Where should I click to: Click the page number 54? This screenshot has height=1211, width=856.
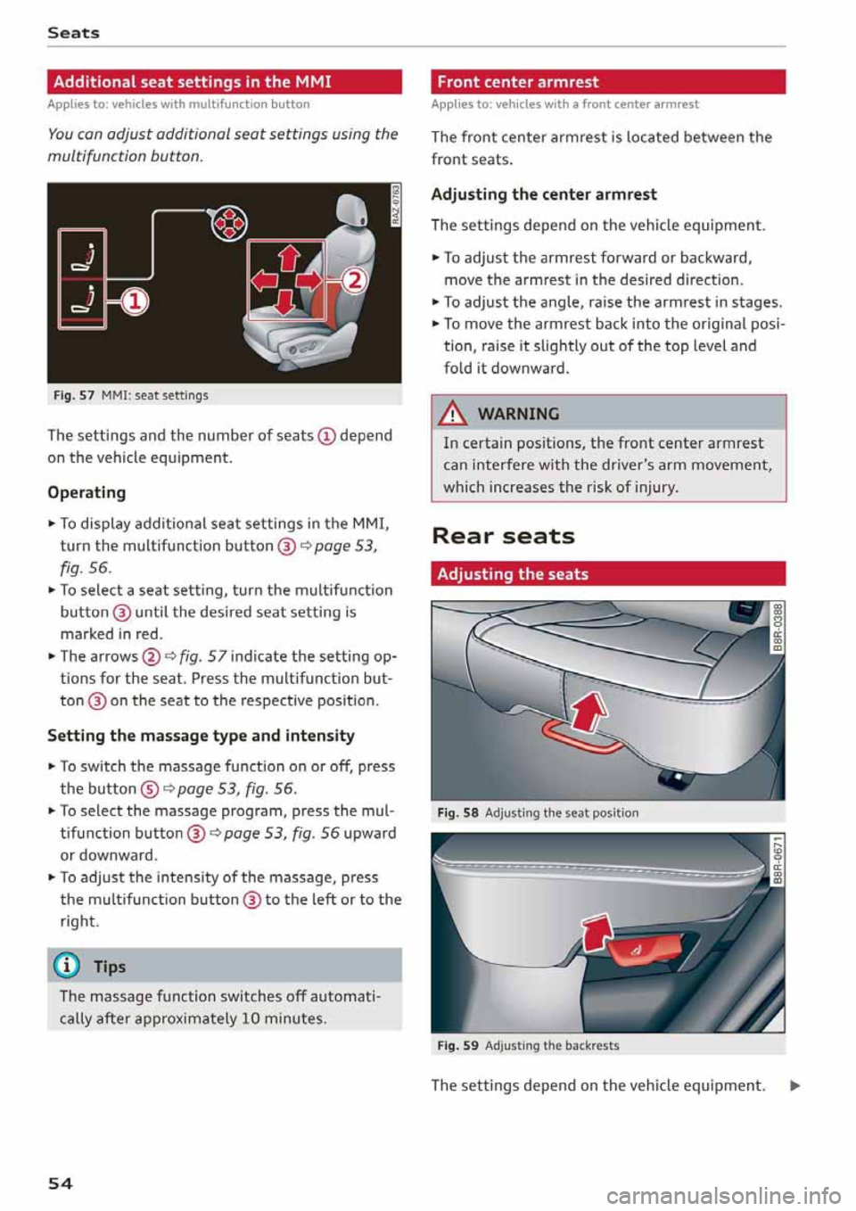60,1183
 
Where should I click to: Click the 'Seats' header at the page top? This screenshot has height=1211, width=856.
73,33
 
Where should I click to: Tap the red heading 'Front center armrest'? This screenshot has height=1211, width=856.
518,82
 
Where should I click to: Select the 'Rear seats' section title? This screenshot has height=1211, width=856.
503,536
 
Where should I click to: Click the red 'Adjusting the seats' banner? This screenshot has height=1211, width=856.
513,574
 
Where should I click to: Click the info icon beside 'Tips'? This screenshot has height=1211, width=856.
70,967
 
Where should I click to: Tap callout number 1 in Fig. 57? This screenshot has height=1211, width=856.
134,301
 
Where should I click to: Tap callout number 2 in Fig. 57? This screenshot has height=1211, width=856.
355,282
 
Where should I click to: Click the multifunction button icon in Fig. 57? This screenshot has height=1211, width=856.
229,220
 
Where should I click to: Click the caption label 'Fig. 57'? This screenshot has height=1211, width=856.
73,395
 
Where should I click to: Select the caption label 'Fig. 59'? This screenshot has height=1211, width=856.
457,1045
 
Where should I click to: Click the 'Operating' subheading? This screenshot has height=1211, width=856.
86,492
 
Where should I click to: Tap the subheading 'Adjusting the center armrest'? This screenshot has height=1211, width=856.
543,194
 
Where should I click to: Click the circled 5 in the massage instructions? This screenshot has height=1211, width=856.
150,788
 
